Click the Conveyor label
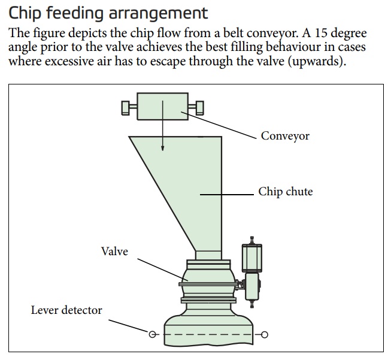point(285,136)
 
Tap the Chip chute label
point(286,192)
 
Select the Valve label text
point(114,252)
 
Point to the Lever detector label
point(66,310)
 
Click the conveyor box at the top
point(162,107)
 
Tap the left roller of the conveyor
point(126,107)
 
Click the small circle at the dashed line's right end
point(265,334)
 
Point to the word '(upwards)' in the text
point(317,62)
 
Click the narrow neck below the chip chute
point(208,255)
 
